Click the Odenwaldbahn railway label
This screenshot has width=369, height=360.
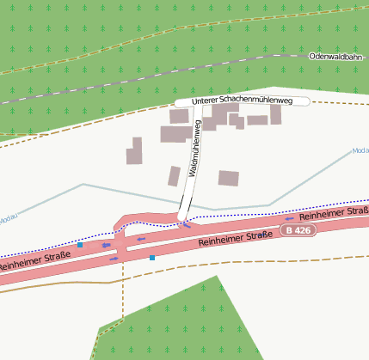coord(337,56)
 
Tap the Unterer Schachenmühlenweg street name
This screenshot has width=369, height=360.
coord(242,101)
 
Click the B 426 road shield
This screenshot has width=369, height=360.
coord(298,231)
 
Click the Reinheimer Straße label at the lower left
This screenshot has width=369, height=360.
coord(33,261)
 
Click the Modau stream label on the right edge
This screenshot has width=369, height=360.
coord(360,151)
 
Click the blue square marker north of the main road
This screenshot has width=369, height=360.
coord(80,245)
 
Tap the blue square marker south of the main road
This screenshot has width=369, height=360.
coord(152,257)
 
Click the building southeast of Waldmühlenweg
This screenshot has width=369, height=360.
coord(228,178)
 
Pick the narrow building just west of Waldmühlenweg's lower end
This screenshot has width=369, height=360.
coord(175,176)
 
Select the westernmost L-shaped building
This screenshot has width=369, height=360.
coord(135,151)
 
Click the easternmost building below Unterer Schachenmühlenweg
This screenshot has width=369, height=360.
coord(275,113)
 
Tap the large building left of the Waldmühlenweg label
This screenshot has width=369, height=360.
coord(175,134)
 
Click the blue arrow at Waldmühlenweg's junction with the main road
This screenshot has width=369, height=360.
coord(186,225)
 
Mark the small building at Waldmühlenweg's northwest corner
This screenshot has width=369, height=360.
coord(179,116)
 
